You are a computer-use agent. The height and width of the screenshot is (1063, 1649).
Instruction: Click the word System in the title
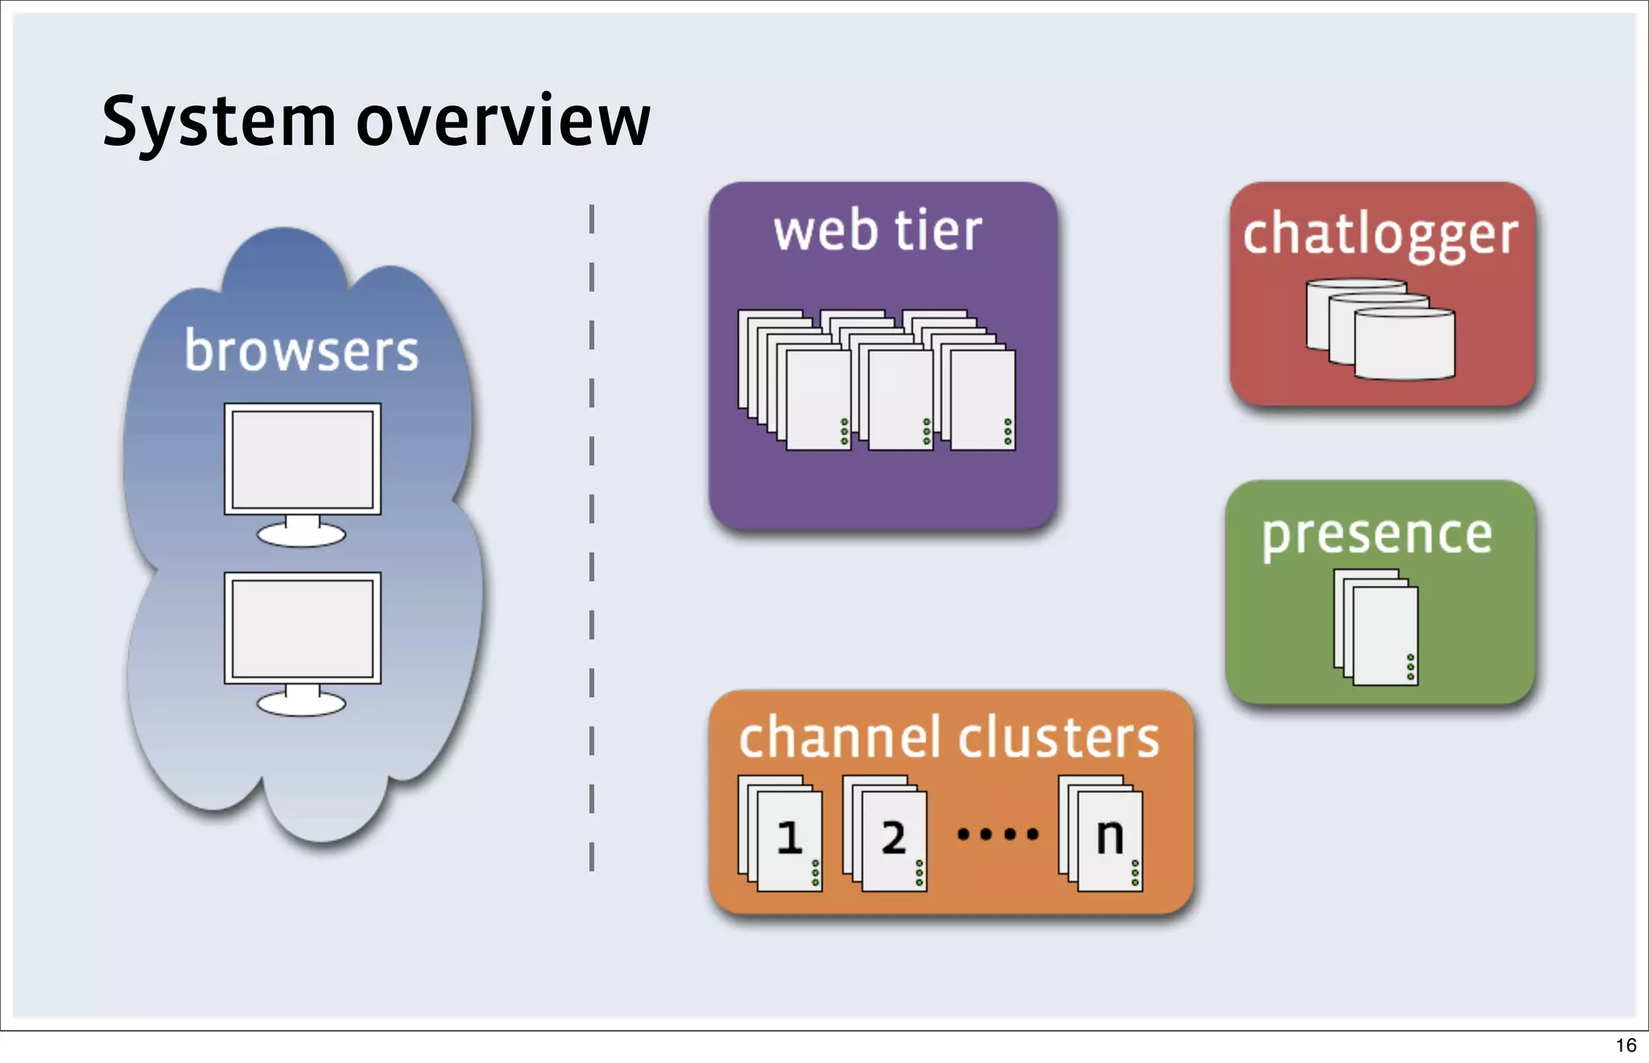point(218,122)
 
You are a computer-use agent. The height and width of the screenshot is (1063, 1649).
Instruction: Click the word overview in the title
point(502,122)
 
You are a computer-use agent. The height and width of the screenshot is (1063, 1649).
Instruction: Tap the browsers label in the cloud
point(301,351)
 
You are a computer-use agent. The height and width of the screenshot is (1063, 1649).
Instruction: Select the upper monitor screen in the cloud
point(302,459)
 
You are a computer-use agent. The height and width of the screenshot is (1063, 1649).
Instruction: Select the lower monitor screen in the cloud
point(302,628)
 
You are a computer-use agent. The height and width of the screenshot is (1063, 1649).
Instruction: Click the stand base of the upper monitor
point(301,535)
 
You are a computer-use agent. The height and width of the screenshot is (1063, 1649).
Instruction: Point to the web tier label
point(878,231)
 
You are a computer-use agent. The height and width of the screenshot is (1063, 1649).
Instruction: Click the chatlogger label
point(1380,234)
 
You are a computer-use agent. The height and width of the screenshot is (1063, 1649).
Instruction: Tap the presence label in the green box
point(1377,535)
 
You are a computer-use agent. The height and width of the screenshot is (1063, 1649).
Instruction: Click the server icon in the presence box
point(1384,636)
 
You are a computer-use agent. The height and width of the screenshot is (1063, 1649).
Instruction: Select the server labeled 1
point(789,841)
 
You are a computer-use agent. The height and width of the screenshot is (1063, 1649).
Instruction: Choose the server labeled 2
point(893,841)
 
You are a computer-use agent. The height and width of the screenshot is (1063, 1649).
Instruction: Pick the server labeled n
point(1110,841)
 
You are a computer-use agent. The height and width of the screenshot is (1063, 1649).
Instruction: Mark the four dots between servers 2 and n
point(998,834)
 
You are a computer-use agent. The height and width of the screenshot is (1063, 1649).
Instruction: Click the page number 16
point(1626,1045)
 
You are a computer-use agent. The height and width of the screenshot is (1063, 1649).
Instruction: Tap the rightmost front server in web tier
point(982,399)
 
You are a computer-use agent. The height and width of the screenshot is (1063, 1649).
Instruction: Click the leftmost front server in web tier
point(817,399)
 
